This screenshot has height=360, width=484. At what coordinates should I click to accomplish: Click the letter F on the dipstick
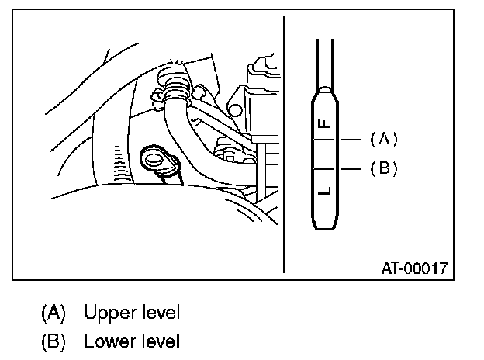(x=325, y=122)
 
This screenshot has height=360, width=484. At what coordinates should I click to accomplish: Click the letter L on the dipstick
(x=325, y=189)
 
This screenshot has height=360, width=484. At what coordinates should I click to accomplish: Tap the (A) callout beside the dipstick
(x=383, y=139)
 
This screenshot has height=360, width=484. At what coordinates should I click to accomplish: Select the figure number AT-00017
(x=413, y=269)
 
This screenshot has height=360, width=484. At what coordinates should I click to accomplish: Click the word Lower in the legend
(x=108, y=341)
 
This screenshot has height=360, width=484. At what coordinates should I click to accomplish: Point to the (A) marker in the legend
(x=54, y=313)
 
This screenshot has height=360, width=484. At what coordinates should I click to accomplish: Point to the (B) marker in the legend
(x=54, y=341)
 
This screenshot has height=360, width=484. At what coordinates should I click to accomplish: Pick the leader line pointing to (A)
(x=351, y=140)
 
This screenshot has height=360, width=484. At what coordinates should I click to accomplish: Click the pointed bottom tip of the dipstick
(x=326, y=227)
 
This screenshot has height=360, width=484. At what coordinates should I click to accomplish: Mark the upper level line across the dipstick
(x=326, y=140)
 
